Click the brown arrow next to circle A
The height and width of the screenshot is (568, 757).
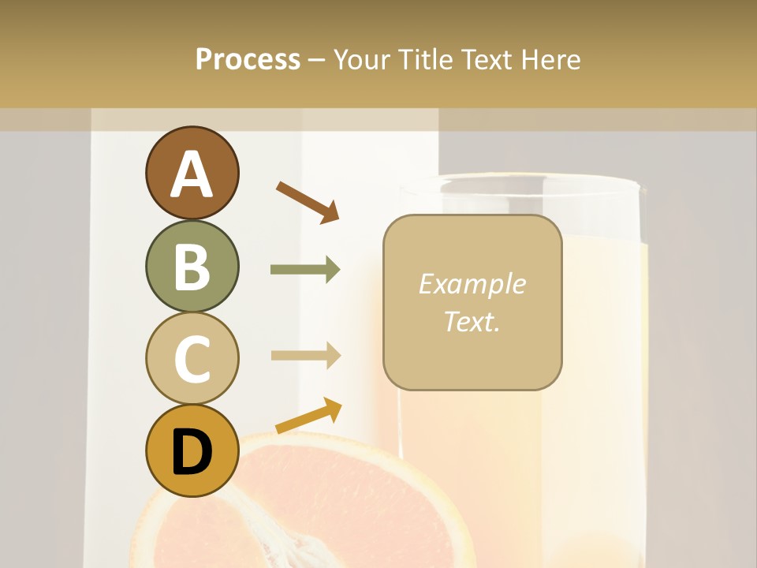click(307, 201)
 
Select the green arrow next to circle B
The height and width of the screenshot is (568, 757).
click(305, 270)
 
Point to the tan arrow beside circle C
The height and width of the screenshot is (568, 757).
click(305, 356)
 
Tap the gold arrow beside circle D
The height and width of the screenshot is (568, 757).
click(308, 416)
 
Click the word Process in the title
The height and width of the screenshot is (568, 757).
click(248, 60)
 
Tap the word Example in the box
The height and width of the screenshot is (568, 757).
click(472, 284)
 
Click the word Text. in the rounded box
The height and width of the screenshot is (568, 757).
click(472, 321)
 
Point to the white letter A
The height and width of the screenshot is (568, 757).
click(192, 175)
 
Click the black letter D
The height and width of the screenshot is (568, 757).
click(192, 453)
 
